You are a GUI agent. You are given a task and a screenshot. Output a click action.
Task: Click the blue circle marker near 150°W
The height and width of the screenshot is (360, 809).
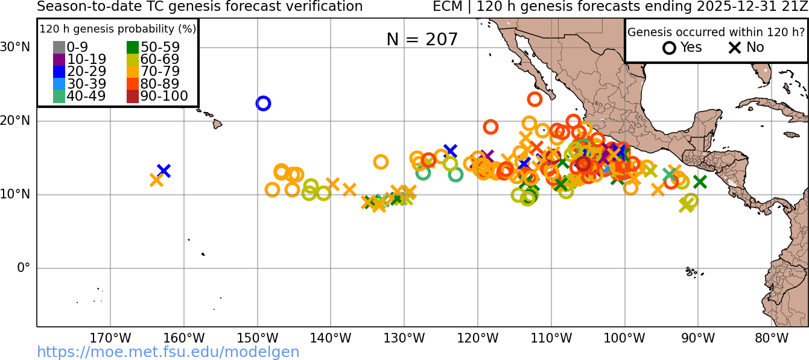263,103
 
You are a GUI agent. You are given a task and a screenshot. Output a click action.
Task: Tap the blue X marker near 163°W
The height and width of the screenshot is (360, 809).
163,171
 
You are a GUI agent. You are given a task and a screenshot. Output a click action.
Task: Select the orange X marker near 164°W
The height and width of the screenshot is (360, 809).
156,180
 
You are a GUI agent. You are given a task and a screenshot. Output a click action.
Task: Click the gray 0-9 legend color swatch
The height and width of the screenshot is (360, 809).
59,47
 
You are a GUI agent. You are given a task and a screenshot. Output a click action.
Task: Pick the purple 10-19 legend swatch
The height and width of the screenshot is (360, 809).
59,59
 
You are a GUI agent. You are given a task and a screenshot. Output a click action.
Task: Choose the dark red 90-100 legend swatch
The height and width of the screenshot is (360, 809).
132,96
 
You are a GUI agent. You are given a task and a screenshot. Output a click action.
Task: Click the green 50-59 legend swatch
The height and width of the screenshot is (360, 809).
132,47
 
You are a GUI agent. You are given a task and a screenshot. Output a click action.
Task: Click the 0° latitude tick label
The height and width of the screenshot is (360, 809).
23,267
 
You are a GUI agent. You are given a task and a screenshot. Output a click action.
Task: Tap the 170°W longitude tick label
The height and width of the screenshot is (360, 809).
110,338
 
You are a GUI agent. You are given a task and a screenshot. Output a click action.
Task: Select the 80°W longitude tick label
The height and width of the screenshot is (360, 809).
772,338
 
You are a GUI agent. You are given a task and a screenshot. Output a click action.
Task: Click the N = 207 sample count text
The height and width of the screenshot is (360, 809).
422,39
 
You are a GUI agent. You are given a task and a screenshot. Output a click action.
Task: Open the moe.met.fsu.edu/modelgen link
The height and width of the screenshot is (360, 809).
168,352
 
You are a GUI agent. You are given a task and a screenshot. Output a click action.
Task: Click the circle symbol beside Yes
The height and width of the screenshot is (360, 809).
669,48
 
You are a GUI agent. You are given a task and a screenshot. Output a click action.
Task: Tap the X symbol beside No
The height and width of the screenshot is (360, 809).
734,48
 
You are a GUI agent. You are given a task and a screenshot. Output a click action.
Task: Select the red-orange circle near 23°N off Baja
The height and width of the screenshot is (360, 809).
535,99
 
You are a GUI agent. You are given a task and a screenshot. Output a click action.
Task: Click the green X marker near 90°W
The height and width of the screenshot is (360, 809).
700,182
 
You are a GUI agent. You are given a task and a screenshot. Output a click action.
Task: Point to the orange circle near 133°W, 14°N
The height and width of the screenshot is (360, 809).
381,162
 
